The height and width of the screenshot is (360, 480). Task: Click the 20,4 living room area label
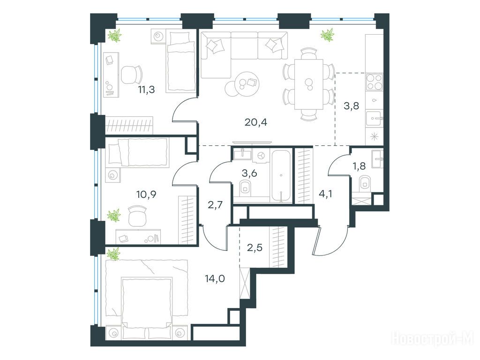point(256,122)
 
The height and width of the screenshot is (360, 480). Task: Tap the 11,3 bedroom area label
point(146,90)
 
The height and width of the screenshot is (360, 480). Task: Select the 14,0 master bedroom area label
point(215,278)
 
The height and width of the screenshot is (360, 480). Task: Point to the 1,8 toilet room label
point(359,166)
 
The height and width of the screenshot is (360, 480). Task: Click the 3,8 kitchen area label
point(352,106)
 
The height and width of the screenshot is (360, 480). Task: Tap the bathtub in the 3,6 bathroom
point(281,176)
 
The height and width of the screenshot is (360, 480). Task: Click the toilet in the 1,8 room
point(365,182)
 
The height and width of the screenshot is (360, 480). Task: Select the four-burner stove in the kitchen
point(375,82)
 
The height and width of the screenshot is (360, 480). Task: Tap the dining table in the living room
point(308,84)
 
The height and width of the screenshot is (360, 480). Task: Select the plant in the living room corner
point(327,35)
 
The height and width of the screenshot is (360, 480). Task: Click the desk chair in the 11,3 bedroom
point(132,75)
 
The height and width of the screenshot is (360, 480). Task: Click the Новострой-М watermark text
point(433,339)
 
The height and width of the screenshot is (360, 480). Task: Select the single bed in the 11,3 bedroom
point(181,61)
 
